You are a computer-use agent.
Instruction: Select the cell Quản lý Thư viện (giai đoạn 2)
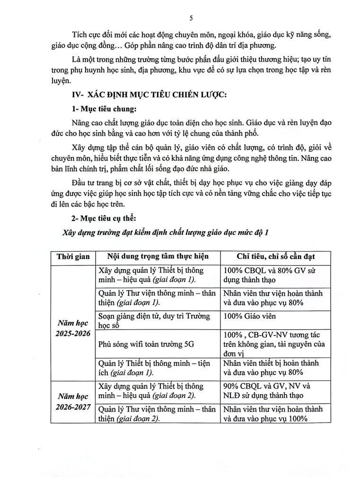[157, 413]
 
